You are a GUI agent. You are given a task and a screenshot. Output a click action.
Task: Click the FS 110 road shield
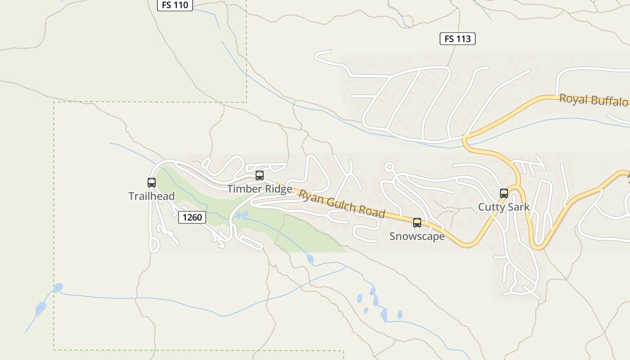(175, 5)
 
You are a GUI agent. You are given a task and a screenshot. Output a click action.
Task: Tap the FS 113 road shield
(457, 39)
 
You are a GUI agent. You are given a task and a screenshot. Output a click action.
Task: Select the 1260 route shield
(192, 217)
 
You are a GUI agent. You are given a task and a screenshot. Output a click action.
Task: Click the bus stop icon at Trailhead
(152, 183)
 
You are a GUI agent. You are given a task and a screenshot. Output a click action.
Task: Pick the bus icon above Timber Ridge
(260, 175)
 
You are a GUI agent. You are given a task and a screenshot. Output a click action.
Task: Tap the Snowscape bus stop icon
(417, 223)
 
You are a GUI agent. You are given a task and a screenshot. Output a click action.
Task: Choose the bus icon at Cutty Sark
(504, 193)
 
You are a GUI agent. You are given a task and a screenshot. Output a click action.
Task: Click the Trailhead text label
(151, 196)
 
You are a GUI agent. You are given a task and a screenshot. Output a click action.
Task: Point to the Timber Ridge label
(260, 189)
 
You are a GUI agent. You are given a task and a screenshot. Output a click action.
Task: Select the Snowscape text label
(417, 236)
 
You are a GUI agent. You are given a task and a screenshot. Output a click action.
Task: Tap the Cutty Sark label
(504, 207)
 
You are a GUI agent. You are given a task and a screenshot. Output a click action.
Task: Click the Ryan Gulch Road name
(342, 203)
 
